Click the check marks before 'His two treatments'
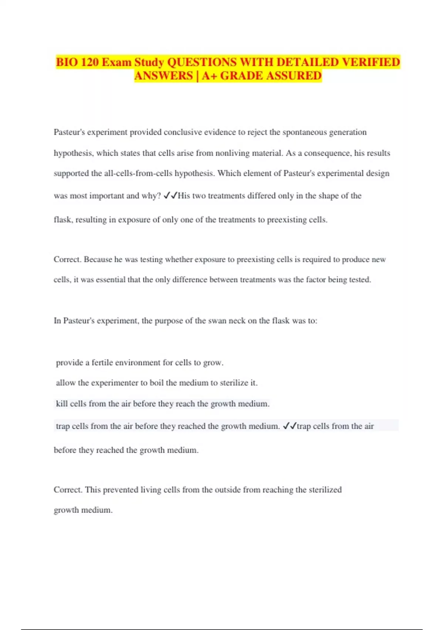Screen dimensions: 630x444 (170, 196)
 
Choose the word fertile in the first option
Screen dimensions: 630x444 (102, 362)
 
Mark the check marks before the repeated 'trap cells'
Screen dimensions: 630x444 (289, 426)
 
